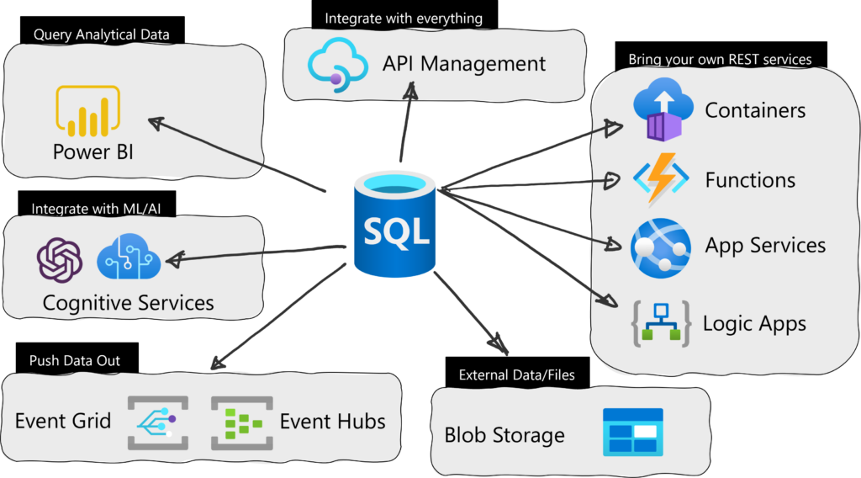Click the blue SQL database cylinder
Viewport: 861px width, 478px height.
point(395,223)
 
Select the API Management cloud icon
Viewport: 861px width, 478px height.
point(338,64)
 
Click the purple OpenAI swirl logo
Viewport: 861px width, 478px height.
point(60,260)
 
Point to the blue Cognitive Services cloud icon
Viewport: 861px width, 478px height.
point(129,257)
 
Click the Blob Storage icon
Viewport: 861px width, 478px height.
point(633,433)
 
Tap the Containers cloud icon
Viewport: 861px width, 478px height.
point(663,109)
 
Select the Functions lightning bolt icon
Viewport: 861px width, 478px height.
point(661,179)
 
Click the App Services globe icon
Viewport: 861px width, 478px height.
point(661,247)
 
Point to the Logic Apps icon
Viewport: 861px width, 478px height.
point(661,324)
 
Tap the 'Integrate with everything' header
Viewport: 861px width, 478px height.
point(404,15)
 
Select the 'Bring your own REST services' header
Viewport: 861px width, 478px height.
point(721,55)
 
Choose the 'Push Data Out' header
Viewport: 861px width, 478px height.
point(77,358)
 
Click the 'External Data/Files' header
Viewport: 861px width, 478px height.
point(517,373)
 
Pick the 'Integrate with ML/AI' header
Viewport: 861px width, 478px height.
point(97,204)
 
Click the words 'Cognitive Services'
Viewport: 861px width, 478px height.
point(128,303)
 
